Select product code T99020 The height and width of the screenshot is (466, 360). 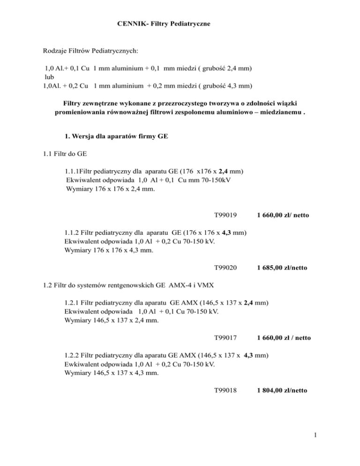click(x=225, y=268)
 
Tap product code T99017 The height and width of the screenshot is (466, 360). click(x=225, y=337)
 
